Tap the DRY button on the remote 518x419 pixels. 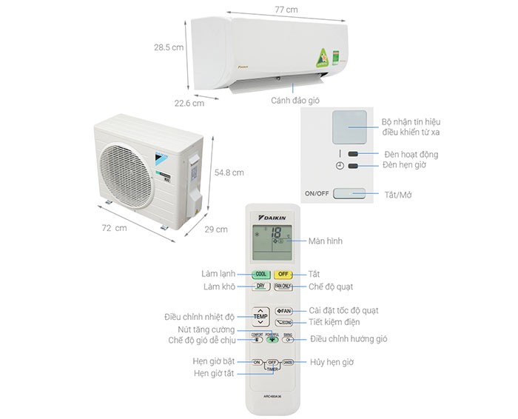pyautogui.click(x=260, y=286)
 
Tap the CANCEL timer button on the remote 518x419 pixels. pyautogui.click(x=289, y=363)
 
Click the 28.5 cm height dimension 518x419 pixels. pyautogui.click(x=168, y=47)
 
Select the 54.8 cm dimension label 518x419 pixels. pyautogui.click(x=229, y=172)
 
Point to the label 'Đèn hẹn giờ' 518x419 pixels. pyautogui.click(x=405, y=166)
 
